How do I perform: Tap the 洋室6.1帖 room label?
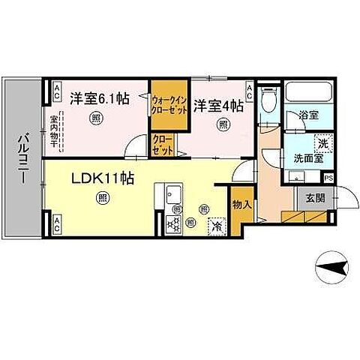(x=100, y=97)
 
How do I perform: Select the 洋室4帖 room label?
(x=218, y=106)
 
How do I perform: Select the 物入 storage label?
(x=241, y=204)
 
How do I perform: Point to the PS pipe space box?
(x=328, y=178)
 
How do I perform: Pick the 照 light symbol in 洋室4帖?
(x=223, y=124)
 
